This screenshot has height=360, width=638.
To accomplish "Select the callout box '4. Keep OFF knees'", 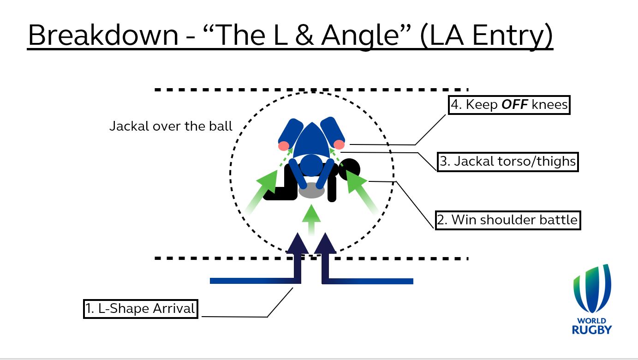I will pyautogui.click(x=509, y=105).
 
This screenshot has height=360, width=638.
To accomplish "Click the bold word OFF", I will pyautogui.click(x=514, y=105).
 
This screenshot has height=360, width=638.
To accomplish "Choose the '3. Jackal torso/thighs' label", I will pyautogui.click(x=507, y=162).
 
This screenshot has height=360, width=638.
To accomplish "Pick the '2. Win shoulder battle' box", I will pyautogui.click(x=507, y=220).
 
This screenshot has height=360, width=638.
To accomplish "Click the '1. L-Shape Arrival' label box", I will pyautogui.click(x=140, y=308).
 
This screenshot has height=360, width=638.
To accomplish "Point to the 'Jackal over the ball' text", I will pyautogui.click(x=171, y=126).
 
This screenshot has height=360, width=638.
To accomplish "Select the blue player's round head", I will pyautogui.click(x=311, y=165).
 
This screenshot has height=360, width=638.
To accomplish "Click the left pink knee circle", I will pyautogui.click(x=283, y=146).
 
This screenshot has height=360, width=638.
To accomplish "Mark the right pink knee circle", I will pyautogui.click(x=339, y=144).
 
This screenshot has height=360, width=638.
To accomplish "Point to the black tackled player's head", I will pyautogui.click(x=350, y=168).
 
